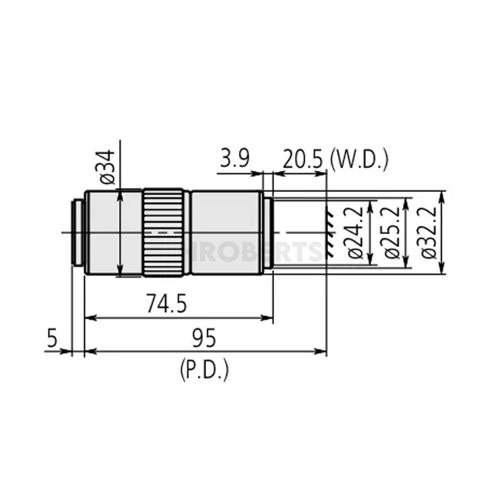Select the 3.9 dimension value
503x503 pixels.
[x=234, y=159]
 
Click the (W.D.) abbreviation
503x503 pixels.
[x=359, y=159]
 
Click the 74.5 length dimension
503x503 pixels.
[x=166, y=305]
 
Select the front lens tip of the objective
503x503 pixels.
[x=268, y=232]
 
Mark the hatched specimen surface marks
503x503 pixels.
[x=330, y=232]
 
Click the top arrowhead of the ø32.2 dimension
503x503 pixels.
[x=442, y=195]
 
